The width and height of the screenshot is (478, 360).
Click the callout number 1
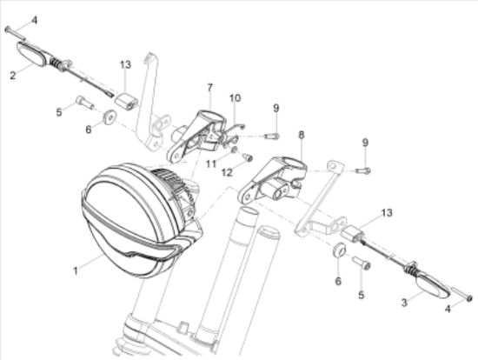[76, 270]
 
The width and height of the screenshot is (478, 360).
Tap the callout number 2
[12, 75]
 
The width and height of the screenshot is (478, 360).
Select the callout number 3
[403, 301]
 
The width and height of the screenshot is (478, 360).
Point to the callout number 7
[209, 87]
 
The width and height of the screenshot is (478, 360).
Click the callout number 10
[234, 98]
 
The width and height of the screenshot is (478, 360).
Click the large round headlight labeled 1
[130, 217]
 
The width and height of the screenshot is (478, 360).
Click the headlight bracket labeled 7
[196, 130]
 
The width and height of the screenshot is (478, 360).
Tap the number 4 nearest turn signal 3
[448, 309]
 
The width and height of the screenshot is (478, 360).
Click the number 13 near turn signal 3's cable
[387, 213]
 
